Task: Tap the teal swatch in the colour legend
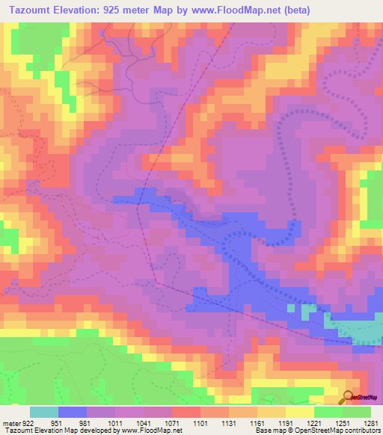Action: tap(44, 412)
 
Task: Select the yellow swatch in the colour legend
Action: tap(299, 412)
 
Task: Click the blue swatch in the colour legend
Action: tap(73, 412)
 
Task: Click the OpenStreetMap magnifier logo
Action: tap(349, 396)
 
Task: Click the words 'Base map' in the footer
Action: tap(267, 430)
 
